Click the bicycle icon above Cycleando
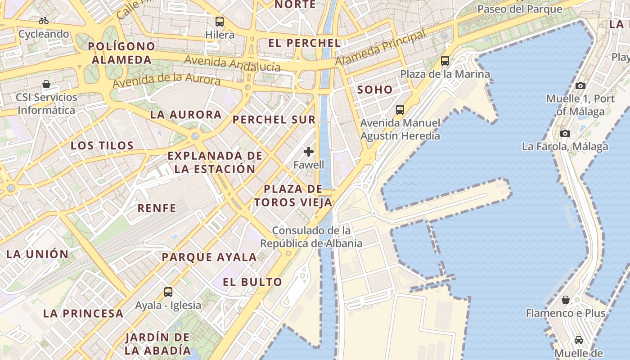point(44,21)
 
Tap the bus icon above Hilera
point(220,21)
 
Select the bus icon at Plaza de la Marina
point(445,60)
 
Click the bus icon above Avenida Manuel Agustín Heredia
point(400,109)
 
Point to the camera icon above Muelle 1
point(580,85)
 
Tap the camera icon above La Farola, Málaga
point(565,133)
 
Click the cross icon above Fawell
point(309,152)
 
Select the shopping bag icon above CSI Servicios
point(46,84)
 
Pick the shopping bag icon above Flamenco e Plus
point(566,300)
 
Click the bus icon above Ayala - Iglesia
point(168,292)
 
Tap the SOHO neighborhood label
point(375,90)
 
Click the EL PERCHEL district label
point(304,43)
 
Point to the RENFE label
point(157,208)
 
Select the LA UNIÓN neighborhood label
point(37,254)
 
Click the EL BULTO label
point(252,282)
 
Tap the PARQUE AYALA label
point(209,257)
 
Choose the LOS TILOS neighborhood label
point(102,145)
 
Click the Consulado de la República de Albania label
point(311,237)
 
